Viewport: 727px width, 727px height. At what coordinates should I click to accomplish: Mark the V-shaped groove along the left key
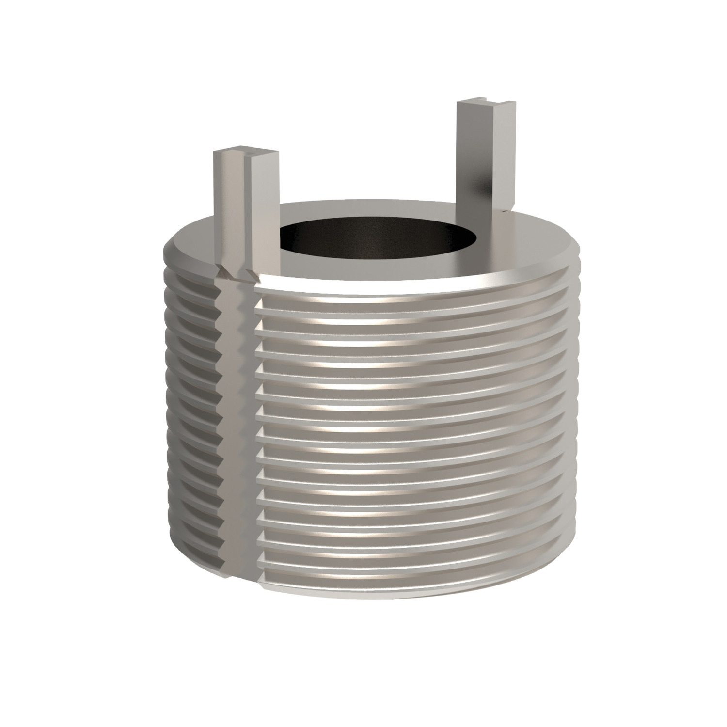pos(245,213)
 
